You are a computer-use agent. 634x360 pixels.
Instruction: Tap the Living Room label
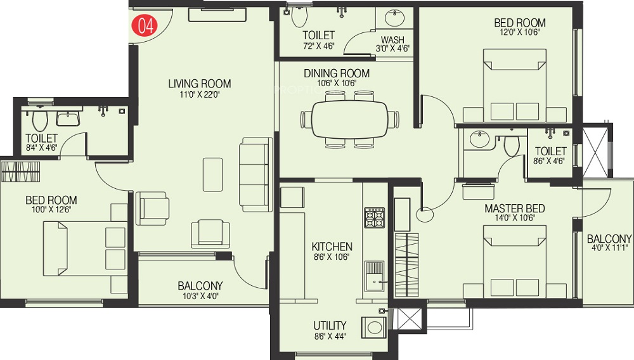click(200, 84)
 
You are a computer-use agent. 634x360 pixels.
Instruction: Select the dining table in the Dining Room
click(349, 120)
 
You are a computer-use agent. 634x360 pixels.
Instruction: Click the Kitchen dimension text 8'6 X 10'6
click(332, 257)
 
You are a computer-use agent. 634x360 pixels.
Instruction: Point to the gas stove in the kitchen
click(374, 218)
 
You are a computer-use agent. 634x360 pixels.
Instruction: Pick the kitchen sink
click(375, 276)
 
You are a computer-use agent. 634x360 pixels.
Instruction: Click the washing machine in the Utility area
click(375, 326)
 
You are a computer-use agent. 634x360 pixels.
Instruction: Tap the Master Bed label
click(514, 209)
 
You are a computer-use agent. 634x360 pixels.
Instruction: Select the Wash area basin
click(392, 18)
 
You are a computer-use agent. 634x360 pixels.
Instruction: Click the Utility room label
click(330, 326)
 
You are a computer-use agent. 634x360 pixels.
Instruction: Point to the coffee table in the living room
click(212, 174)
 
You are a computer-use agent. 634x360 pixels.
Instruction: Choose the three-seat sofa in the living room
click(256, 174)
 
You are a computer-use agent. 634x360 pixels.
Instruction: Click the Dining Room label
click(337, 74)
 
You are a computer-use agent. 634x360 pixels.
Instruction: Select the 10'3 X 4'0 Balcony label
click(200, 286)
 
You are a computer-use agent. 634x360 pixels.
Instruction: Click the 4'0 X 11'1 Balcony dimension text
click(609, 248)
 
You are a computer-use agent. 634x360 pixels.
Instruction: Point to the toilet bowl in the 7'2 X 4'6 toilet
click(299, 16)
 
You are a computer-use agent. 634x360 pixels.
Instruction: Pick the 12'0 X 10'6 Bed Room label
click(520, 23)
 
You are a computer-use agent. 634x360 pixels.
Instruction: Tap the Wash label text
click(392, 40)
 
